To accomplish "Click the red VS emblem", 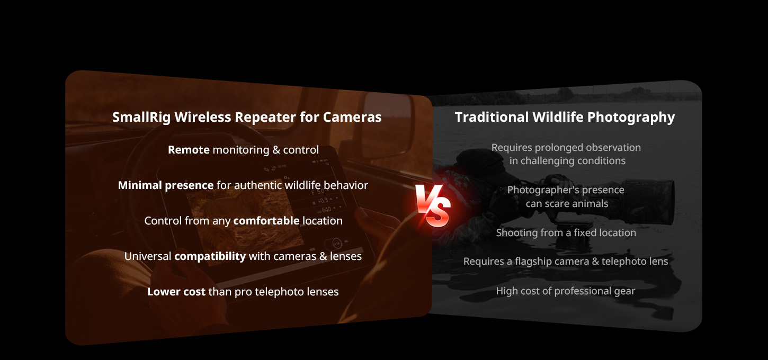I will [433, 205].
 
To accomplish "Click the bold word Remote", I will [189, 150].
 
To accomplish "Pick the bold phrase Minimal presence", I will [166, 185].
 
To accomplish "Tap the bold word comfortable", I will [266, 220].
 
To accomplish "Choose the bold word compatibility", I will [210, 256].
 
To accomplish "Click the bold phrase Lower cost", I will [176, 291].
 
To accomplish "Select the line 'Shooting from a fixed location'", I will [566, 232].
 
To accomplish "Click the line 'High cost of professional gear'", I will [565, 291].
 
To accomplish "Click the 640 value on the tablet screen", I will [326, 210].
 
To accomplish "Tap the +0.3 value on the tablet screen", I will [324, 200].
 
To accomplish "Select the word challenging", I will [553, 161].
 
